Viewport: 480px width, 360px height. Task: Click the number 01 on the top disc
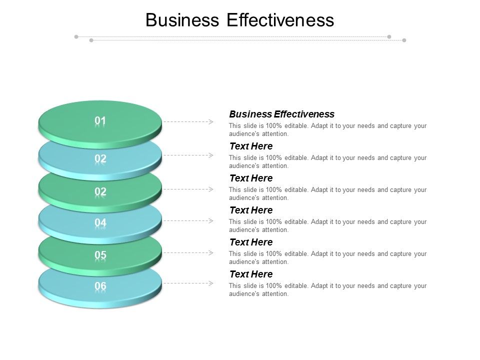[x=100, y=121]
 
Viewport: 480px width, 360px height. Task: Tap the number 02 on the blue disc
[x=100, y=159]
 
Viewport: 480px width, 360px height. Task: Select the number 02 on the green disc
[x=100, y=191]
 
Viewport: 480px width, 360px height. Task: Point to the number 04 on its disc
[x=100, y=222]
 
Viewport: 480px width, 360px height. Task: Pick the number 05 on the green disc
[x=100, y=255]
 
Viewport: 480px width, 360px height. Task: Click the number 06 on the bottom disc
[x=100, y=286]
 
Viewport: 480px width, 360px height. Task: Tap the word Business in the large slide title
[x=182, y=20]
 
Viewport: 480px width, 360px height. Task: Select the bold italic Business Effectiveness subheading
[x=281, y=114]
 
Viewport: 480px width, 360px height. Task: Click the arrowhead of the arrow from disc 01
[x=211, y=121]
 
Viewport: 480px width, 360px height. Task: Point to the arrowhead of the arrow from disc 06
[x=211, y=283]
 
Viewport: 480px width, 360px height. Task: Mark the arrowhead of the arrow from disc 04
[x=211, y=220]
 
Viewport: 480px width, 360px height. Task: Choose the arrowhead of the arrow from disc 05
[x=211, y=252]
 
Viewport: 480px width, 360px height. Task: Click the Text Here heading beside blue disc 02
[x=251, y=146]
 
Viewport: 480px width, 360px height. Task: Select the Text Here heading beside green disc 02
[x=251, y=178]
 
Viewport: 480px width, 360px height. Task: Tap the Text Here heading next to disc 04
[x=251, y=210]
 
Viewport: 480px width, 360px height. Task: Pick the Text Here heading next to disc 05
[x=251, y=242]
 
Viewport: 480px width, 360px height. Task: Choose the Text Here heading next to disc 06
[x=251, y=274]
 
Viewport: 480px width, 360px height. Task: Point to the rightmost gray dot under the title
[x=404, y=40]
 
